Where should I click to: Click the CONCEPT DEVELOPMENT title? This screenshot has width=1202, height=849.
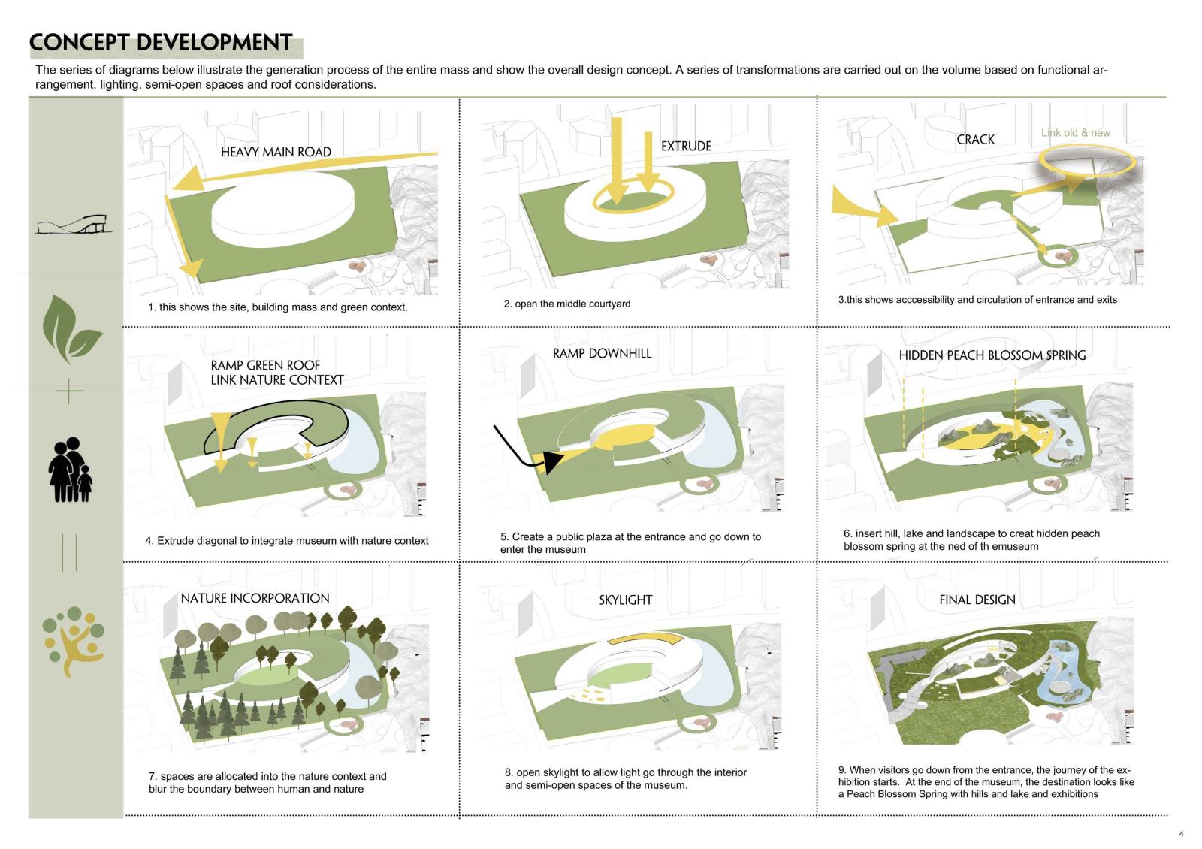[x=161, y=42]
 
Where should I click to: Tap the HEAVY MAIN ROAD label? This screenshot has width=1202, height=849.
[x=276, y=152]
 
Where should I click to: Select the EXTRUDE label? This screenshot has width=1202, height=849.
[x=686, y=146]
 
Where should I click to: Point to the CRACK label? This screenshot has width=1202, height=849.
[x=975, y=140]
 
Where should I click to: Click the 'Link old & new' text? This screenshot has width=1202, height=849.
[x=1075, y=132]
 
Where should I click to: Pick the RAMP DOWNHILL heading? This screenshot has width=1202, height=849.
[x=602, y=353]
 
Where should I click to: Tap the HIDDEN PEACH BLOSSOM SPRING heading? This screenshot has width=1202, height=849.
[x=992, y=355]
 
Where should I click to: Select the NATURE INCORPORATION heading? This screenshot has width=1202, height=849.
[x=255, y=598]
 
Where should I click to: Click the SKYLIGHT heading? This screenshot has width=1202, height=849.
[x=625, y=600]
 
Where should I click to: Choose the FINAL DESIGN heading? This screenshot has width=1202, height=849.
[x=977, y=600]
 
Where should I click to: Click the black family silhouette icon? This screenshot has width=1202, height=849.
[x=71, y=470]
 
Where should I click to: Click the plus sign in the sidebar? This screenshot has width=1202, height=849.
[x=69, y=391]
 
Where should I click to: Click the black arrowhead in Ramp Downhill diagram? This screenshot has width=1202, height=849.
[x=552, y=461]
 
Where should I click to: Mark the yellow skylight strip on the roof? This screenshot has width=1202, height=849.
[x=646, y=638]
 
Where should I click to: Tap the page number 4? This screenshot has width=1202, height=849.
[x=1181, y=834]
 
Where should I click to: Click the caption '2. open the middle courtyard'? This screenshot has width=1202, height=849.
[x=566, y=304]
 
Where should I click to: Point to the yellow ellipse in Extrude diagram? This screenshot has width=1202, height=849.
[x=633, y=195]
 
